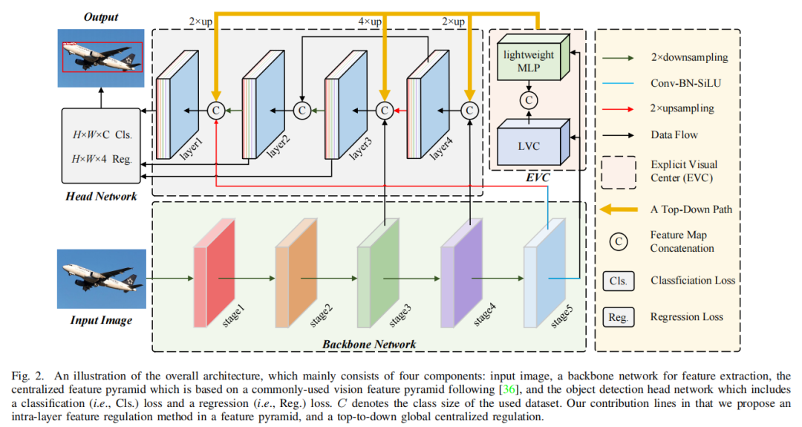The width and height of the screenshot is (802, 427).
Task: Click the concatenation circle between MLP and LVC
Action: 528,100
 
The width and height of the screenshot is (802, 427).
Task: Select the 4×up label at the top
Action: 369,22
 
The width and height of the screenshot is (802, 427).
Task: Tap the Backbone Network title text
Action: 368,344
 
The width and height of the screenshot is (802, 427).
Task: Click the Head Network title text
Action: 100,196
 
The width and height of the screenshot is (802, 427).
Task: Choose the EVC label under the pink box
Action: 535,179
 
